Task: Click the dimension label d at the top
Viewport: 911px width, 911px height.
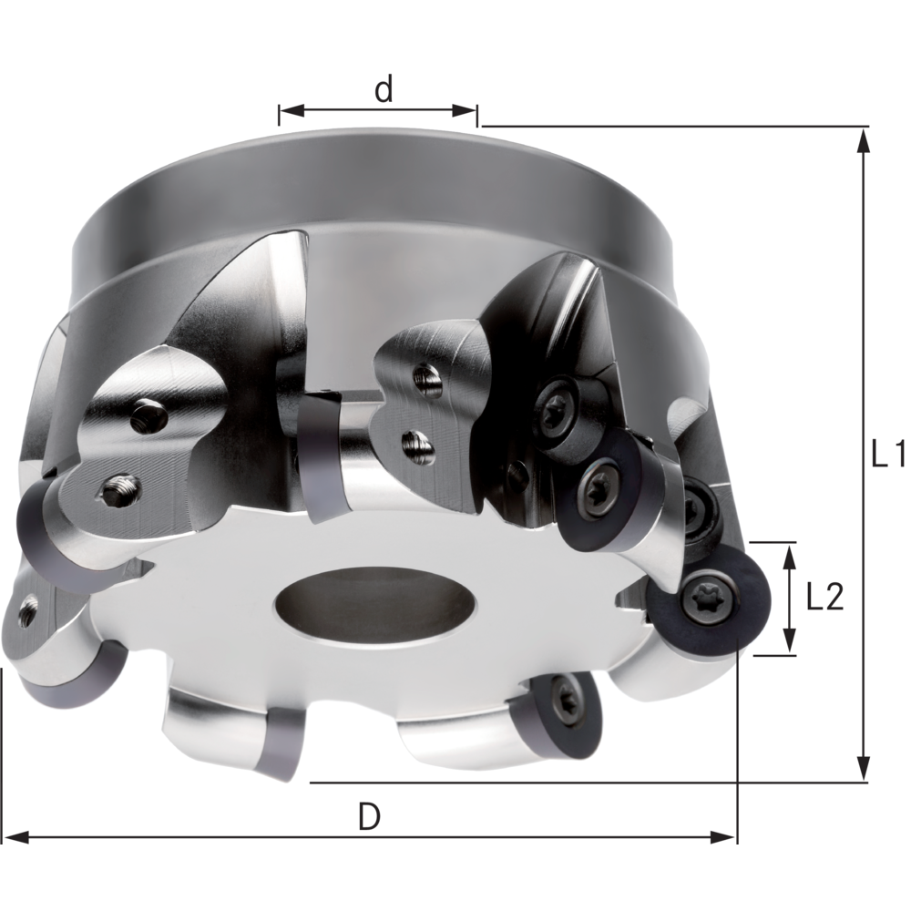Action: pyautogui.click(x=384, y=89)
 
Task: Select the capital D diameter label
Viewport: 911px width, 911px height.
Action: pyautogui.click(x=368, y=818)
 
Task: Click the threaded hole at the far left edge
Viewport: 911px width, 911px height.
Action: pyautogui.click(x=26, y=614)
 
